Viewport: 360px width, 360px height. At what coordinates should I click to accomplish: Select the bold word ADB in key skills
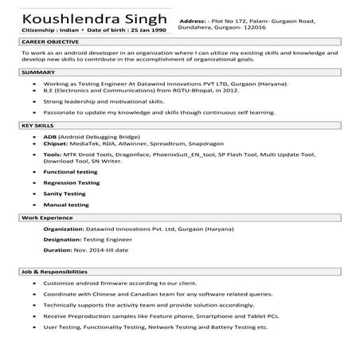point(50,136)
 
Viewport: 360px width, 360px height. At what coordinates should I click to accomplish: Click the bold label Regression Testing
point(72,182)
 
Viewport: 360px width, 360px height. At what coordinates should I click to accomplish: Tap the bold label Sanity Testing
point(65,194)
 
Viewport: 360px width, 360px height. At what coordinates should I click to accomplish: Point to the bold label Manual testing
point(66,205)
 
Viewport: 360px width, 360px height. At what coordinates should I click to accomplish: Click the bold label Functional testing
point(70,171)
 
